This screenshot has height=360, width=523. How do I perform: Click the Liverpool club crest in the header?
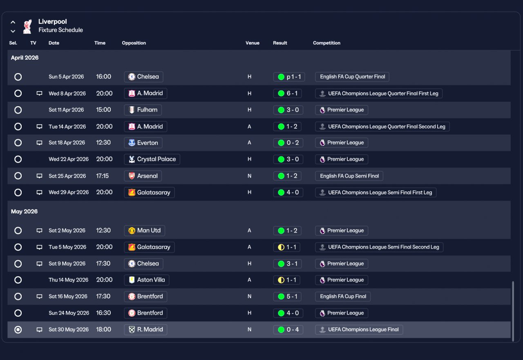27,26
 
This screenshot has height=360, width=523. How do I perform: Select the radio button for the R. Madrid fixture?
18,330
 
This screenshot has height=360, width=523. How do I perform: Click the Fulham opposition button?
143,110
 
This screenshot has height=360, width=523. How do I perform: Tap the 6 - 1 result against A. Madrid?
288,94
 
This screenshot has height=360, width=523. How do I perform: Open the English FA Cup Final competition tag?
343,297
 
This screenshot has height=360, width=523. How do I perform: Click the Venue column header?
253,43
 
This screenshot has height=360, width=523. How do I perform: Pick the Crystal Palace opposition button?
152,159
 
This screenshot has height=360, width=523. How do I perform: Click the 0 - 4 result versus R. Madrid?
288,330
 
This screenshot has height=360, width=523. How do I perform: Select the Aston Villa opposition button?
147,280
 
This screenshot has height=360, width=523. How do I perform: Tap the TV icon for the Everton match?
39,143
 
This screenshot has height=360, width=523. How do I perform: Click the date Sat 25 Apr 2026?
67,176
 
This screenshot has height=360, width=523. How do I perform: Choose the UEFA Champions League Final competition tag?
359,330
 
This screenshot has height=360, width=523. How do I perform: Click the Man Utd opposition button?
144,230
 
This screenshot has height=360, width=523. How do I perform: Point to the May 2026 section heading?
24,212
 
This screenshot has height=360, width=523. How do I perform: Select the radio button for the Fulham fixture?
18,110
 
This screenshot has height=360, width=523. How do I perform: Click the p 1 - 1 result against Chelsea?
288,77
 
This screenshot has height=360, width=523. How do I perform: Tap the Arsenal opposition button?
143,176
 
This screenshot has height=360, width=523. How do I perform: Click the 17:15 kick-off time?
103,176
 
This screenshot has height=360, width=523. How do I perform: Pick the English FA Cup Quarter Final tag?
352,77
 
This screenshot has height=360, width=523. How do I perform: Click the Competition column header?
326,43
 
